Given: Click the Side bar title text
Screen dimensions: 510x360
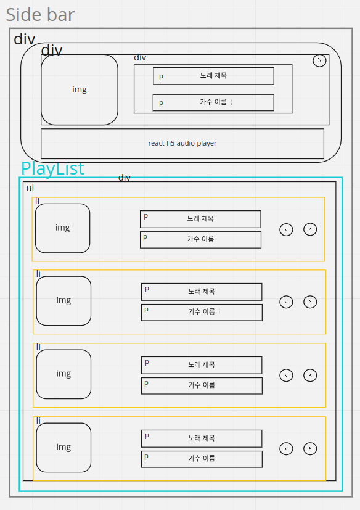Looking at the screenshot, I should coord(40,14).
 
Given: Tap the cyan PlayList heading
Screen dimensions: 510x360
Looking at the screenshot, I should coord(52,168).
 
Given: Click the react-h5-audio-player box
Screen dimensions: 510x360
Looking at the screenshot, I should coord(182,143).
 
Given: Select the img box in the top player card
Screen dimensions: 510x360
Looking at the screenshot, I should coord(80,89).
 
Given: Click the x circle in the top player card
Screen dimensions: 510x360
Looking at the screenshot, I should coord(319,60).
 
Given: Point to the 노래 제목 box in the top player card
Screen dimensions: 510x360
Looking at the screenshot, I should coord(213,76).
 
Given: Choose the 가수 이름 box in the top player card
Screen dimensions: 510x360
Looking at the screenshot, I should coord(213,102).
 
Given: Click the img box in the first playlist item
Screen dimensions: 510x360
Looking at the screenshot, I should coord(63,228).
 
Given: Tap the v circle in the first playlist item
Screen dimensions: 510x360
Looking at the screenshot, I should coord(286,229).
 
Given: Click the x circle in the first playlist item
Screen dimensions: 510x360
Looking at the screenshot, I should coord(310,229).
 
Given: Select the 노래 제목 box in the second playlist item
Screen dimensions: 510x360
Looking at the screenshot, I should coord(202,292).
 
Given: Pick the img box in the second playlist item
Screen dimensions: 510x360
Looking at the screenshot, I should coord(64,301).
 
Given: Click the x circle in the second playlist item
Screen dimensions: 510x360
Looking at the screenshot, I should coord(310,302).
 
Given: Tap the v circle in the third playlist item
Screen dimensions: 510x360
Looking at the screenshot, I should coord(286,375).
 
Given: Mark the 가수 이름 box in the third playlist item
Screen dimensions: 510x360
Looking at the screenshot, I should coord(202,385).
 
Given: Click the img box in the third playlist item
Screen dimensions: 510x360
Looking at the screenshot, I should coord(64,374).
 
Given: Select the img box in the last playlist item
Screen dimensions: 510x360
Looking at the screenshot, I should coord(64,447).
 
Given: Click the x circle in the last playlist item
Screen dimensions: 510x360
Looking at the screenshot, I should coord(310,448).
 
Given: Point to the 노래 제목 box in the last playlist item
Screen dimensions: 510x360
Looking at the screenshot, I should coord(202,438).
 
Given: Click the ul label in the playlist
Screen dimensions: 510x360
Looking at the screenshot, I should coord(30,187).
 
